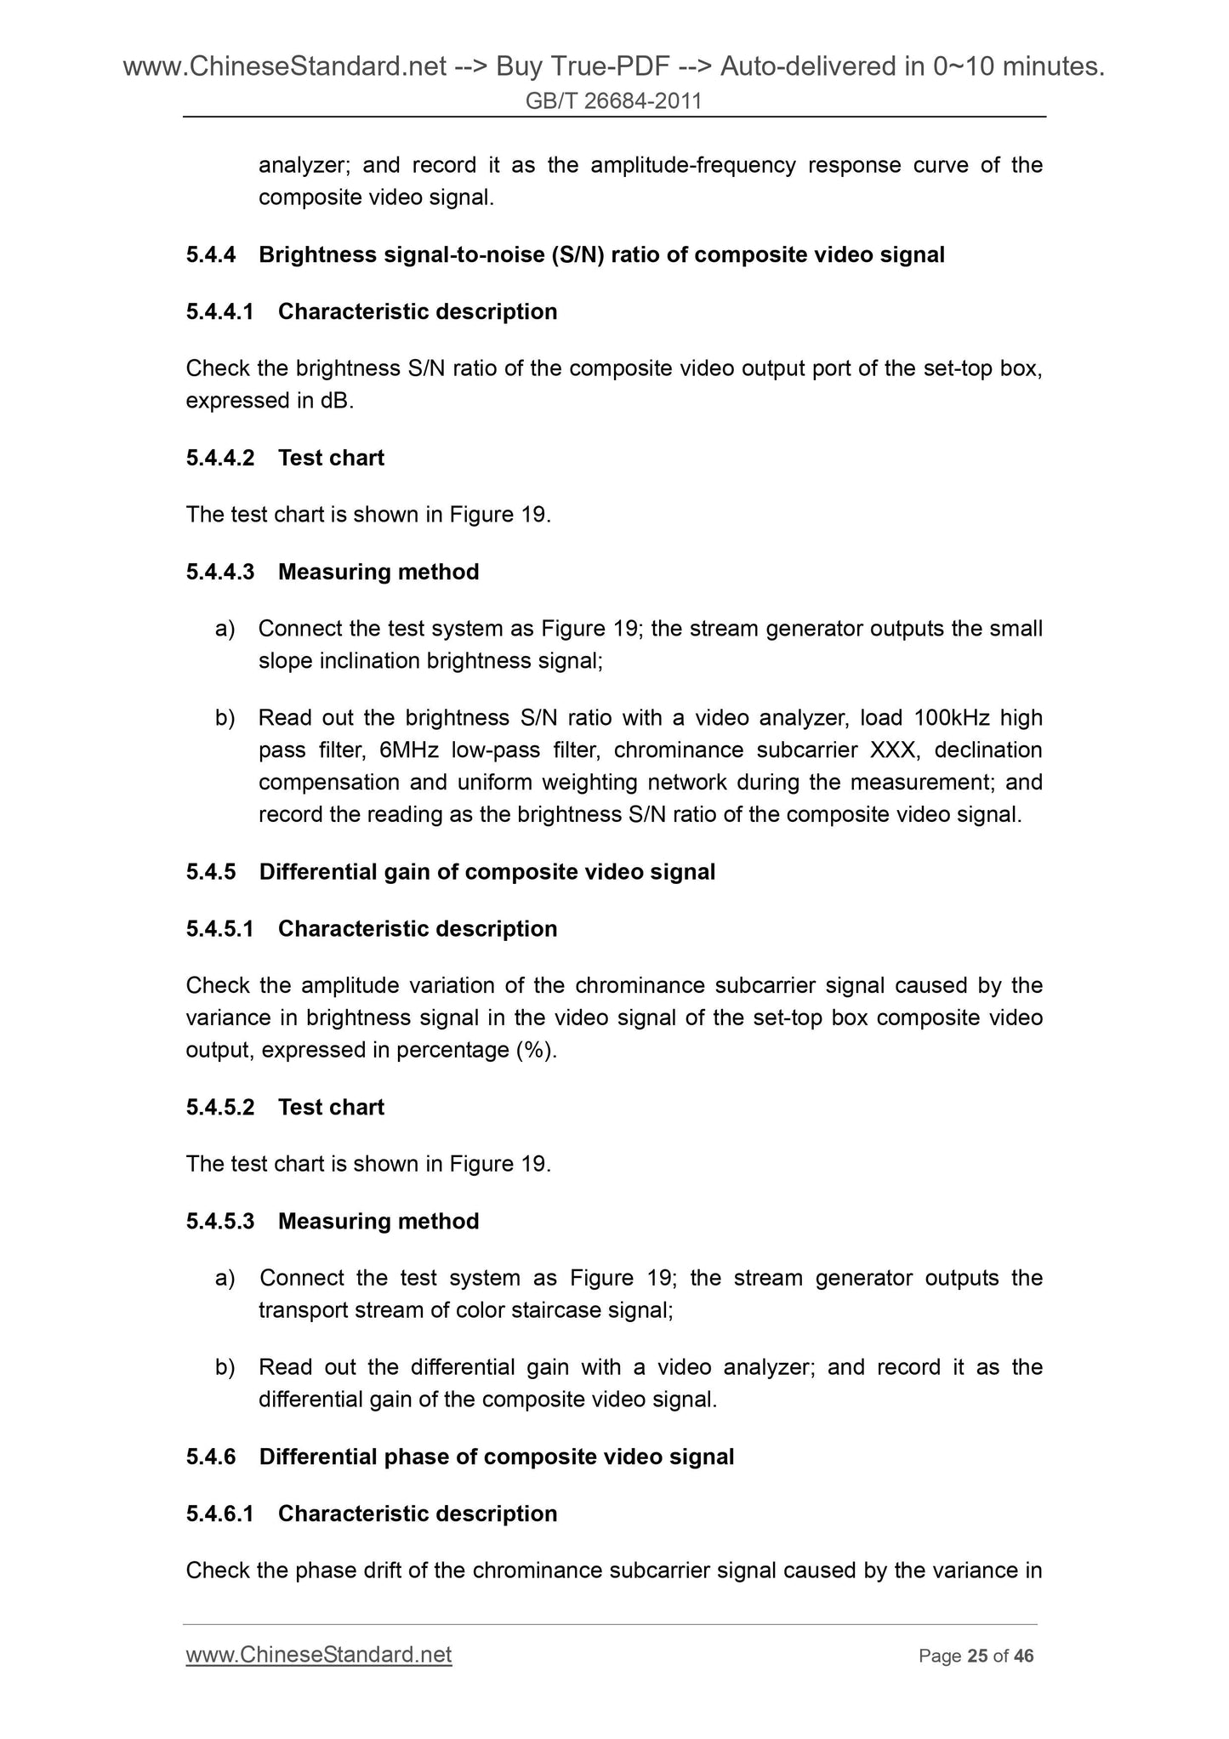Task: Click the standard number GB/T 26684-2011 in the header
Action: (613, 101)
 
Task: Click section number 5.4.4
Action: (210, 255)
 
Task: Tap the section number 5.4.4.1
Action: (219, 312)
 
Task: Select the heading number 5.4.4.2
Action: (219, 458)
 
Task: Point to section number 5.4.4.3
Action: (219, 572)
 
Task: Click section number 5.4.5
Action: (210, 872)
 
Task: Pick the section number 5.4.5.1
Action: (219, 929)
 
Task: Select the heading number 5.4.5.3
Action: (219, 1222)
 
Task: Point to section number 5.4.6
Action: (210, 1457)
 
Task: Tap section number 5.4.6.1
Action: (219, 1514)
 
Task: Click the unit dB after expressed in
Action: (337, 402)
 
